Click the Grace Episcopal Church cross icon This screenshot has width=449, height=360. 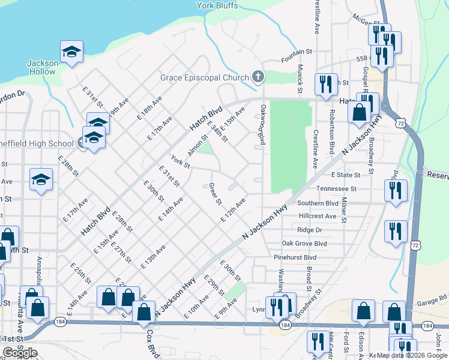[258, 77]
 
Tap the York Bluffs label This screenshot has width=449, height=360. [217, 6]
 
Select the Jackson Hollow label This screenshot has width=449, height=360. [42, 67]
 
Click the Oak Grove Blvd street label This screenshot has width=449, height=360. [304, 244]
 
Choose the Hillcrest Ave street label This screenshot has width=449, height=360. [318, 216]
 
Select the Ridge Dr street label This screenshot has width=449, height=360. [310, 230]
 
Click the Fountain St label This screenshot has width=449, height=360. [297, 61]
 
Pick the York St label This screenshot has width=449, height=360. [180, 162]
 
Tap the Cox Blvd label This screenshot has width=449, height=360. [150, 343]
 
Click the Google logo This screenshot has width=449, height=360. [19, 353]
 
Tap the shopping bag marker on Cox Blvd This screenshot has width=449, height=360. [144, 310]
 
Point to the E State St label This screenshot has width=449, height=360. [346, 175]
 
